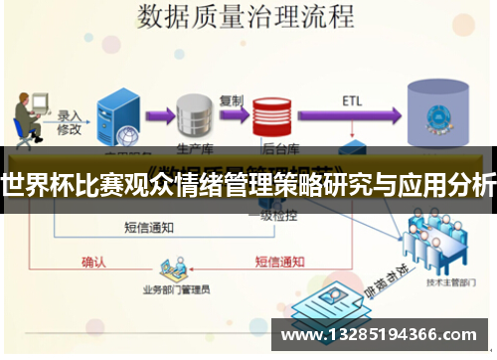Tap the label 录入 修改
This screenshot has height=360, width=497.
[69, 122]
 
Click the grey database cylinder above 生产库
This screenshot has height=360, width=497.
[195, 117]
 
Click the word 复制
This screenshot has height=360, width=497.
[230, 100]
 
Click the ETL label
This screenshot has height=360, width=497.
[352, 100]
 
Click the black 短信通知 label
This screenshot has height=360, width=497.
[152, 228]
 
